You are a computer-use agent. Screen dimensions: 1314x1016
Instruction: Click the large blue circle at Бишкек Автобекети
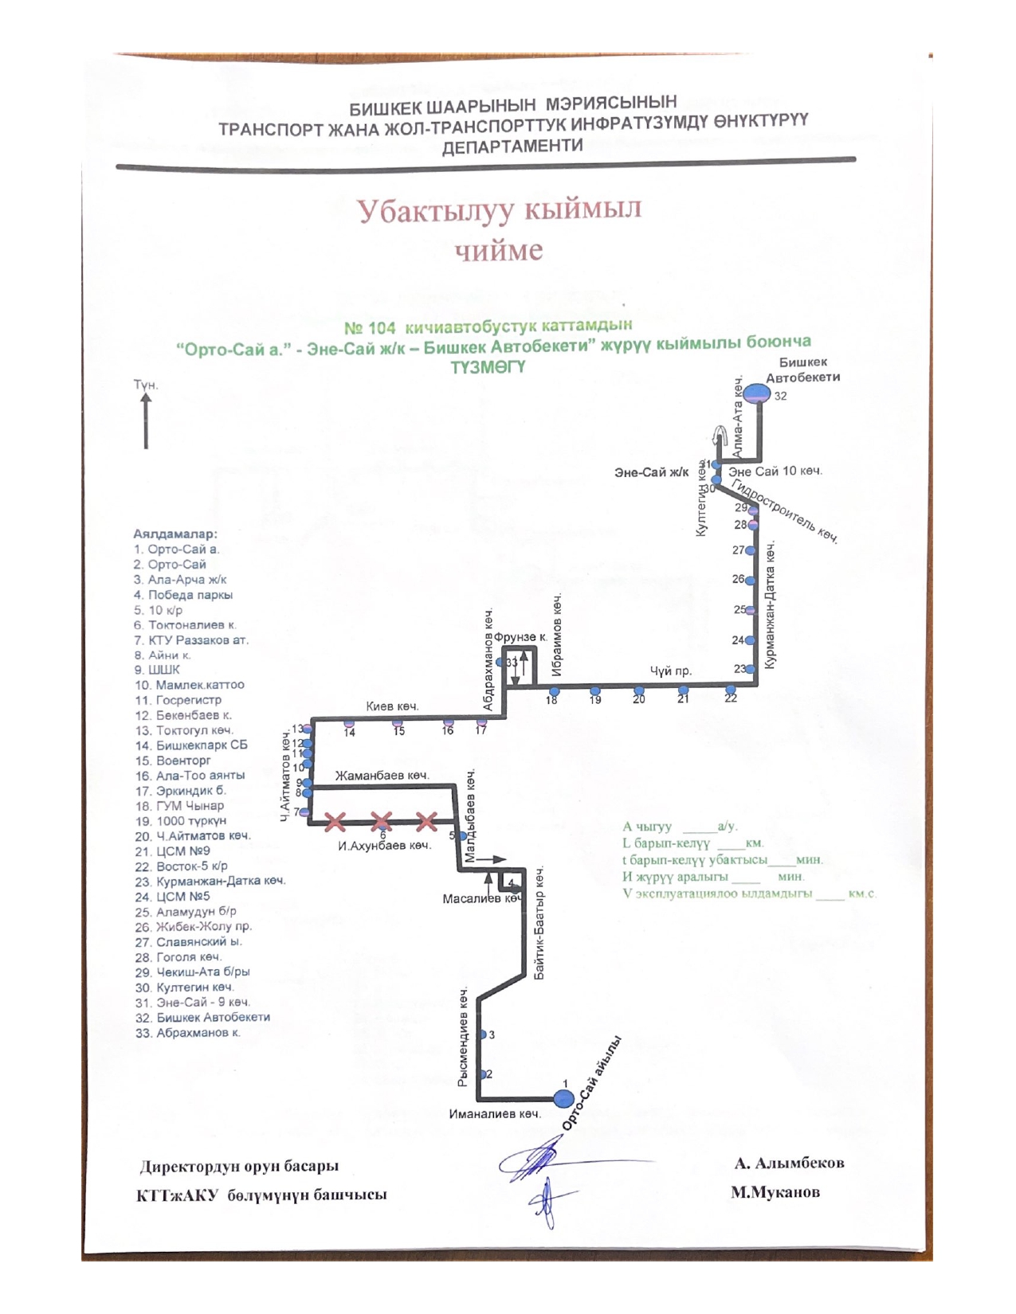click(757, 393)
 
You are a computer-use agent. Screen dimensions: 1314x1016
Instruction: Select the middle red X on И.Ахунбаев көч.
click(382, 820)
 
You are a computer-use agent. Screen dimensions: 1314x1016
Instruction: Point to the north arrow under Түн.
click(146, 422)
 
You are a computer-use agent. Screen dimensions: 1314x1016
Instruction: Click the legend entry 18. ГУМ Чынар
click(179, 806)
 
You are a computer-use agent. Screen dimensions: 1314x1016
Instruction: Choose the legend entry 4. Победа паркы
click(183, 595)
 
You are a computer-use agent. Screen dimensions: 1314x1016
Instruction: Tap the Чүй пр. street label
click(670, 671)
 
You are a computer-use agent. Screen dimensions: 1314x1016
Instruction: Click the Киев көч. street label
click(392, 706)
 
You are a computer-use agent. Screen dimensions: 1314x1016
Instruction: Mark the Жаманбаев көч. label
click(382, 775)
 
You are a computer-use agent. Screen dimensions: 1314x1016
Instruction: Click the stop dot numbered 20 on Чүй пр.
click(638, 690)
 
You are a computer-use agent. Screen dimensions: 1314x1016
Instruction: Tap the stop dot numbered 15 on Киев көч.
click(398, 722)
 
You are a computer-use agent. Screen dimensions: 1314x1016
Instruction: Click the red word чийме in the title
click(499, 250)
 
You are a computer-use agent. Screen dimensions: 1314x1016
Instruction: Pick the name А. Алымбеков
click(789, 1163)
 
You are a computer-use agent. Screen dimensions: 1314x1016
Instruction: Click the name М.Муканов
click(775, 1193)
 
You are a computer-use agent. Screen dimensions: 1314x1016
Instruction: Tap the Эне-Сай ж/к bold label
click(651, 472)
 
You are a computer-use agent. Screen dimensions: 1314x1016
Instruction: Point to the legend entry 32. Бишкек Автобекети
click(202, 1018)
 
